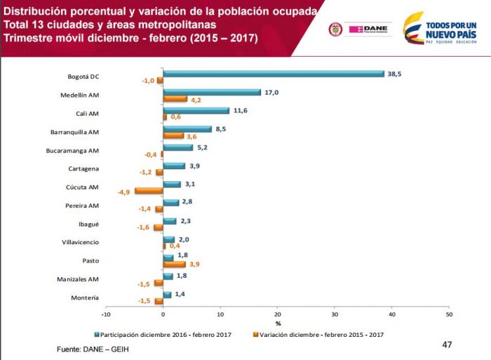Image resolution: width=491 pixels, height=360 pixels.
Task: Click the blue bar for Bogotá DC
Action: pyautogui.click(x=274, y=74)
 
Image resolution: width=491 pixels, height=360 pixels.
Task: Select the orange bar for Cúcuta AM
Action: pyautogui.click(x=149, y=191)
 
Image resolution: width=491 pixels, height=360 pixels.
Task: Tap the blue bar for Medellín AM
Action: pyautogui.click(x=212, y=92)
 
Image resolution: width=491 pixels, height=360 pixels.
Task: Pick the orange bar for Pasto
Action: pyautogui.click(x=175, y=264)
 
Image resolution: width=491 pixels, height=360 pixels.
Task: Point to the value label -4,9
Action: pyautogui.click(x=123, y=191)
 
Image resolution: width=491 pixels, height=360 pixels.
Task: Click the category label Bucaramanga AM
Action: pyautogui.click(x=93, y=151)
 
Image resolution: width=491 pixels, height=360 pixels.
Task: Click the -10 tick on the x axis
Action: pyautogui.click(x=107, y=314)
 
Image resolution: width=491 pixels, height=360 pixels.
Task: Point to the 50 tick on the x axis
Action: pyautogui.click(x=448, y=314)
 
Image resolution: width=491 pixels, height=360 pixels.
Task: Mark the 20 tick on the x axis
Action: pyautogui.click(x=277, y=314)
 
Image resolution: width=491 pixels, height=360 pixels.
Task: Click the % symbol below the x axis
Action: pyautogui.click(x=278, y=324)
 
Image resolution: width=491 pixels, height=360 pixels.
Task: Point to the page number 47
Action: pyautogui.click(x=448, y=345)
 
